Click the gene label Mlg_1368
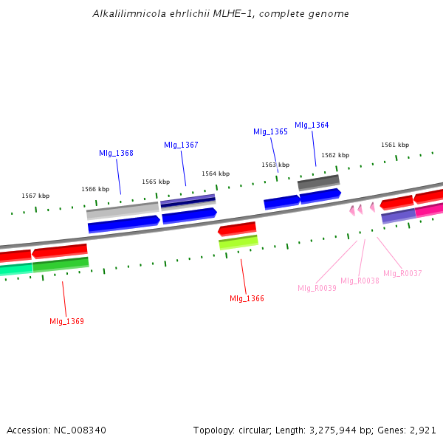click(x=116, y=153)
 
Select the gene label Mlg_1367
click(x=181, y=145)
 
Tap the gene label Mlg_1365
click(x=270, y=131)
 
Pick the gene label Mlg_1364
click(x=312, y=125)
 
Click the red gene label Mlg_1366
click(x=247, y=298)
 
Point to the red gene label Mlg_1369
click(x=66, y=321)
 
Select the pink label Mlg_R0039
click(x=317, y=288)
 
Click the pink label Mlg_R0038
click(x=360, y=281)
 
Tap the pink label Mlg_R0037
click(x=402, y=273)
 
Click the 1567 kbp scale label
click(x=35, y=196)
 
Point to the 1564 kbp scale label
click(x=216, y=174)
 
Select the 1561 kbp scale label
click(x=395, y=145)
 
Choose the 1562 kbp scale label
click(x=335, y=155)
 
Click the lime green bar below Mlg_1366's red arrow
click(x=238, y=242)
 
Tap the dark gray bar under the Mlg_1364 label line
click(x=318, y=182)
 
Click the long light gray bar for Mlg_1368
click(x=123, y=210)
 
